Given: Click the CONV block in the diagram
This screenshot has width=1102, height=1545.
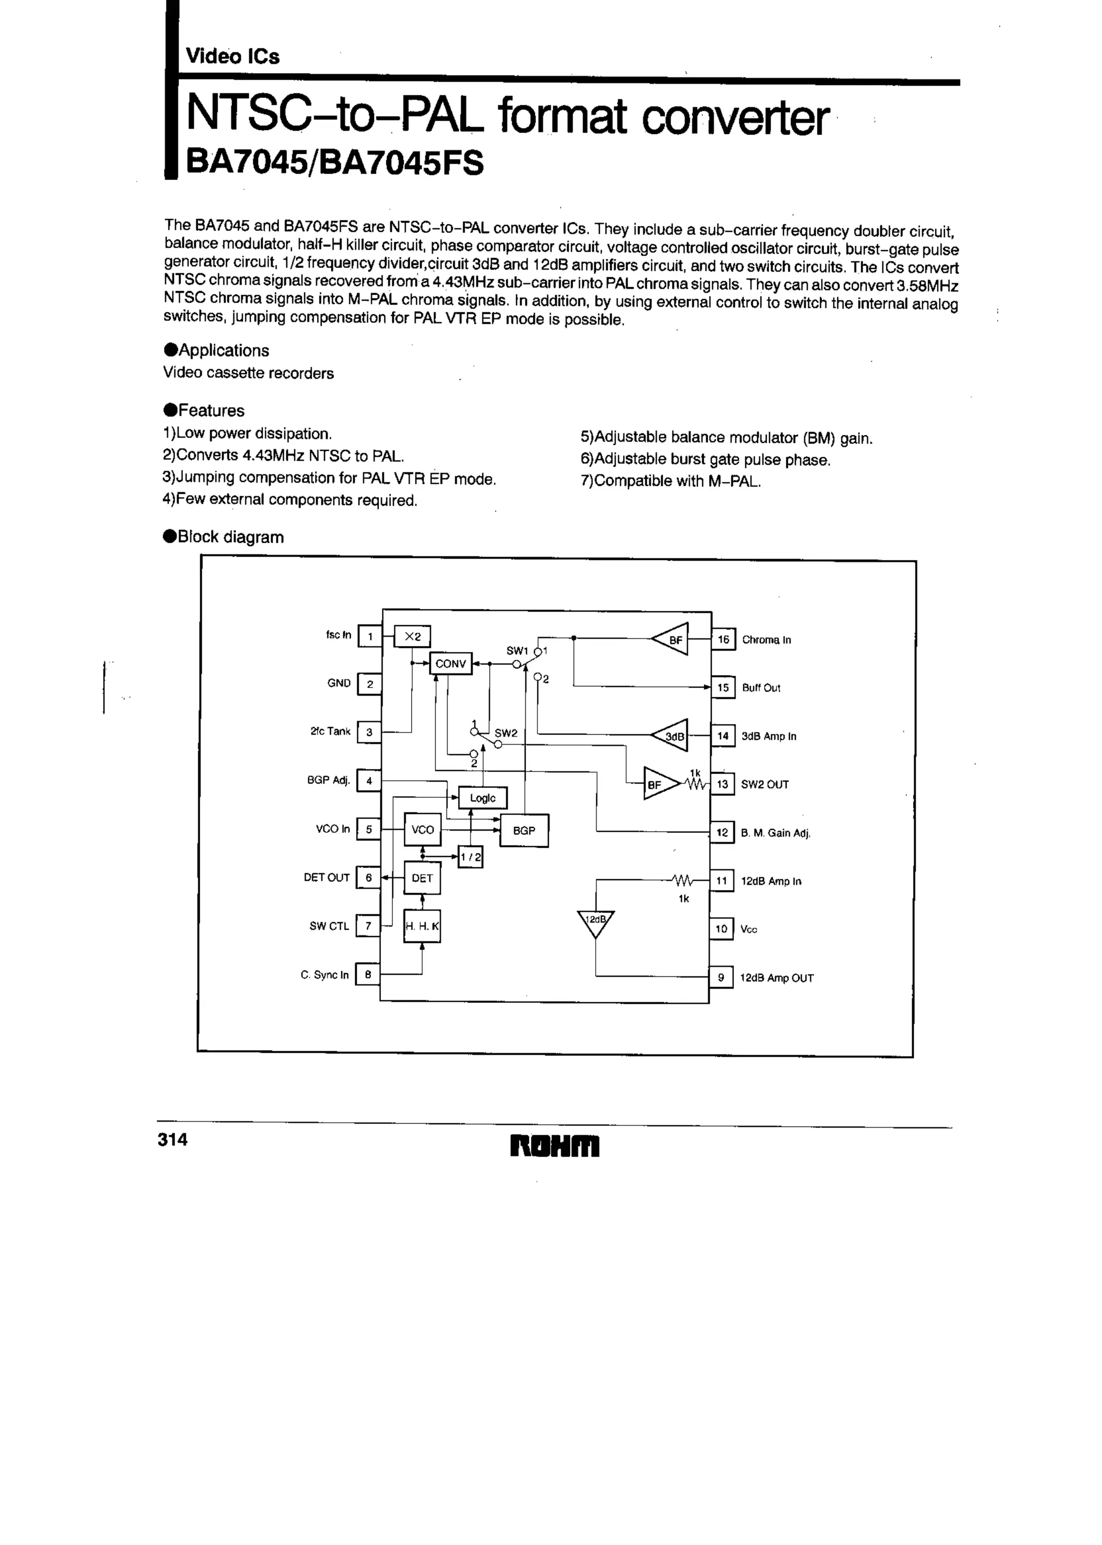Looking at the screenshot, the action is pos(450,663).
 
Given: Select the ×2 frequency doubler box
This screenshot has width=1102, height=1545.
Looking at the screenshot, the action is pos(413,636).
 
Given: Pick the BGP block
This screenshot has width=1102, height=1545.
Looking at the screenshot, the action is pos(524,830).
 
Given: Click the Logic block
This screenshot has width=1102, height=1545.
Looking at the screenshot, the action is pos(483,798).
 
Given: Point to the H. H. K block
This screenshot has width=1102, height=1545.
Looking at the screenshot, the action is pos(422,926).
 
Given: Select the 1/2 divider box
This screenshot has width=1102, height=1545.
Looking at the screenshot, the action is pos(470,856).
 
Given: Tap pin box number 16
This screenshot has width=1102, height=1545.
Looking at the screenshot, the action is pos(723,640).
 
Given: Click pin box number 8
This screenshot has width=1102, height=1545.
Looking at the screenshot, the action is pos(368,975).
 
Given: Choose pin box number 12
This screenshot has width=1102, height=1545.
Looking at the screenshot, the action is pos(722,832).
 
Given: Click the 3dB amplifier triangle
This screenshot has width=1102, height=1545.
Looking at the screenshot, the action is pos(671,736).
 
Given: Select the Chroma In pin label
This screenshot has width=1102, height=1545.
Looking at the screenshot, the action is pos(766,640).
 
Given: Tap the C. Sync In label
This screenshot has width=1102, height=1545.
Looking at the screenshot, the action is pos(324,975).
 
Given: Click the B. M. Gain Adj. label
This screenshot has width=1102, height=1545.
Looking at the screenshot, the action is pos(775,833).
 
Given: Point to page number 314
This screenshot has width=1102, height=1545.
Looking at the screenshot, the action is pos(172,1139).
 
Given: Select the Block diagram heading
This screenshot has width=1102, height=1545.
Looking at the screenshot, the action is pos(224,537).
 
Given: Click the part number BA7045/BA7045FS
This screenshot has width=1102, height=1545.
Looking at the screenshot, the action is pos(335,163).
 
